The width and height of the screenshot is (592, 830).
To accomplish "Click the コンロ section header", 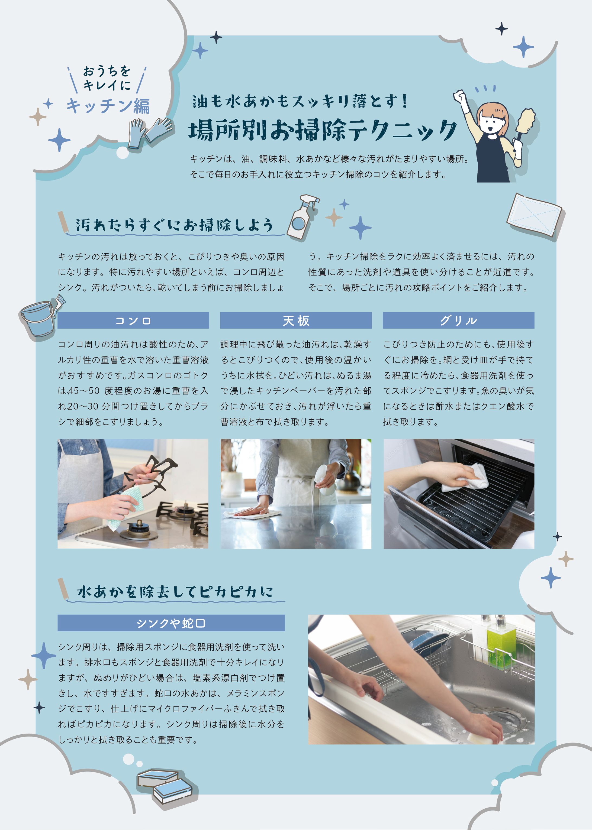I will [133, 320].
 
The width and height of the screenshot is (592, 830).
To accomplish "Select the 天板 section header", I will [296, 320].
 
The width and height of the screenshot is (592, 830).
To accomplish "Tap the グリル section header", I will [458, 320].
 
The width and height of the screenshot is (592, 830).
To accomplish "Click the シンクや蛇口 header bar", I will [171, 623].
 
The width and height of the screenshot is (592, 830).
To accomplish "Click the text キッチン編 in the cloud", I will [108, 106].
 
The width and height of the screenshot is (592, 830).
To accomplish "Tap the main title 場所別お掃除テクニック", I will [322, 130].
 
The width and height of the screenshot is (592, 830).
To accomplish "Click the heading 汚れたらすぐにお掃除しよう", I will [174, 225].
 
